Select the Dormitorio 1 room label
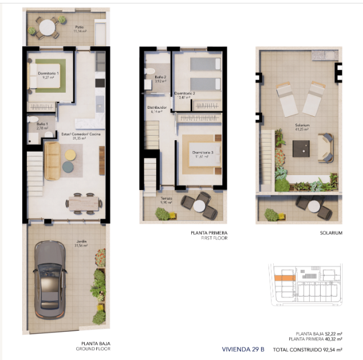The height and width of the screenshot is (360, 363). [48, 76]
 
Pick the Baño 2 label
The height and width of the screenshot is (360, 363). [160, 78]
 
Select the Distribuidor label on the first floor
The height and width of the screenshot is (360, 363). [158, 108]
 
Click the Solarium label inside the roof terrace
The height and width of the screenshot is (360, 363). [302, 126]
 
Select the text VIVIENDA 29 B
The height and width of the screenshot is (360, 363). [242, 349]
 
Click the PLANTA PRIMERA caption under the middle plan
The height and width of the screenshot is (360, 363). [209, 233]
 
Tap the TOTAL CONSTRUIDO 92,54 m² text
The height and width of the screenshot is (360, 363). [307, 349]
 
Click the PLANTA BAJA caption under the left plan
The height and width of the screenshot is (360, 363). [95, 343]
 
